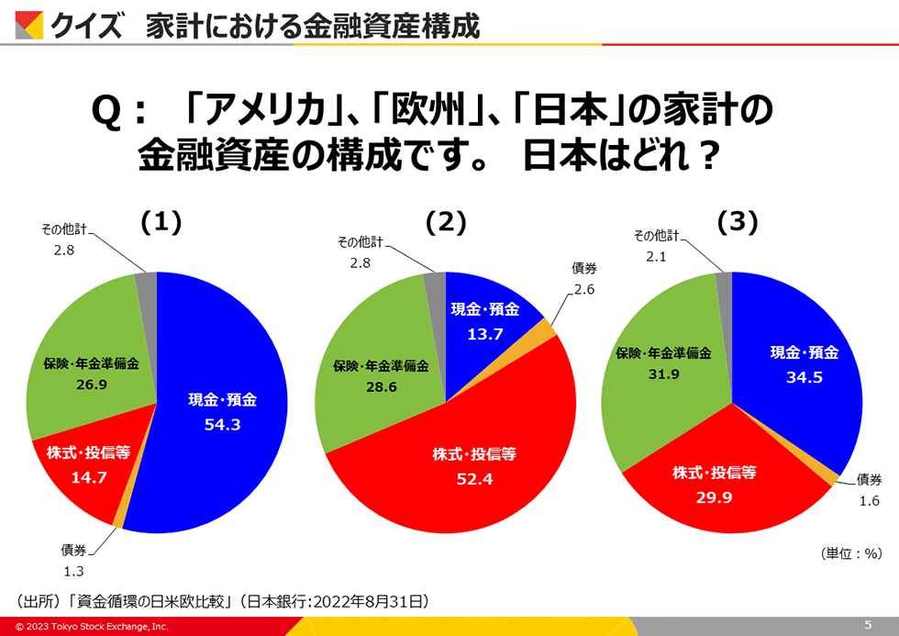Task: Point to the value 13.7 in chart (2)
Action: (485, 334)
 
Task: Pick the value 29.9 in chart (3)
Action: (714, 497)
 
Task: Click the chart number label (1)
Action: (161, 222)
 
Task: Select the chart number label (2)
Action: (447, 222)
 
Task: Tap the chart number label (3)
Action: (736, 222)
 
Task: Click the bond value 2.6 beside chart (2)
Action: (584, 290)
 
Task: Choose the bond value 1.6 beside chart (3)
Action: (869, 501)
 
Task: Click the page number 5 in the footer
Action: (868, 625)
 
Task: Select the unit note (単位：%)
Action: (850, 553)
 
